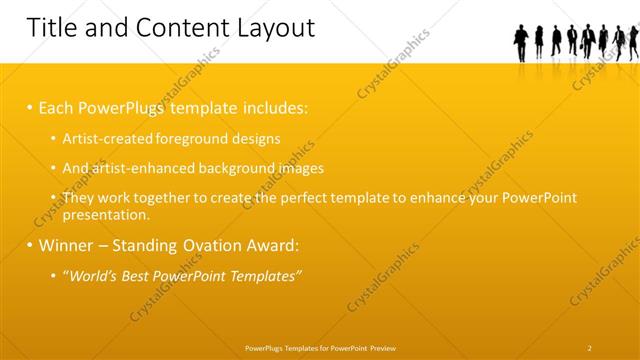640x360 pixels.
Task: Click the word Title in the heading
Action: (52, 28)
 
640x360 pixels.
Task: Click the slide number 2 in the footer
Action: (590, 348)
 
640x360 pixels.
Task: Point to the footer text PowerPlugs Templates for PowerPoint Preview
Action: (320, 348)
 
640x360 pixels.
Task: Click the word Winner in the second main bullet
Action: (70, 245)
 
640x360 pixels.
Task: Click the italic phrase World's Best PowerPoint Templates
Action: (184, 275)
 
